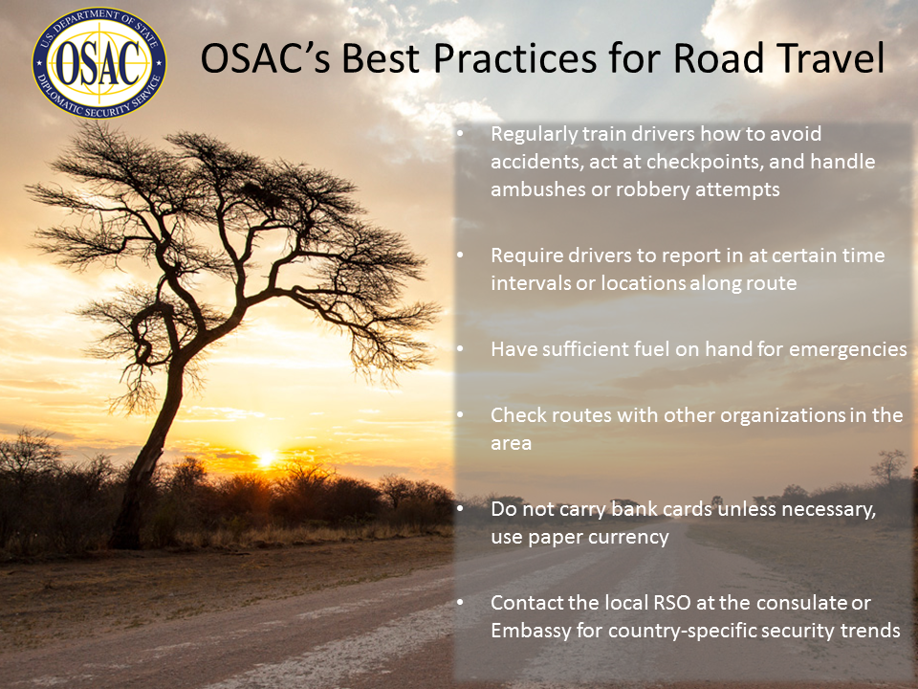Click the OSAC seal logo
[x=98, y=63]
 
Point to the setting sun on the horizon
[x=267, y=458]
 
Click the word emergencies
[x=848, y=350]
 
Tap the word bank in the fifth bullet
[x=632, y=509]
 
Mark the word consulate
[x=798, y=603]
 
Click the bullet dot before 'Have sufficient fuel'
[x=460, y=349]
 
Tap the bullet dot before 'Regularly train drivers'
[x=460, y=134]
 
